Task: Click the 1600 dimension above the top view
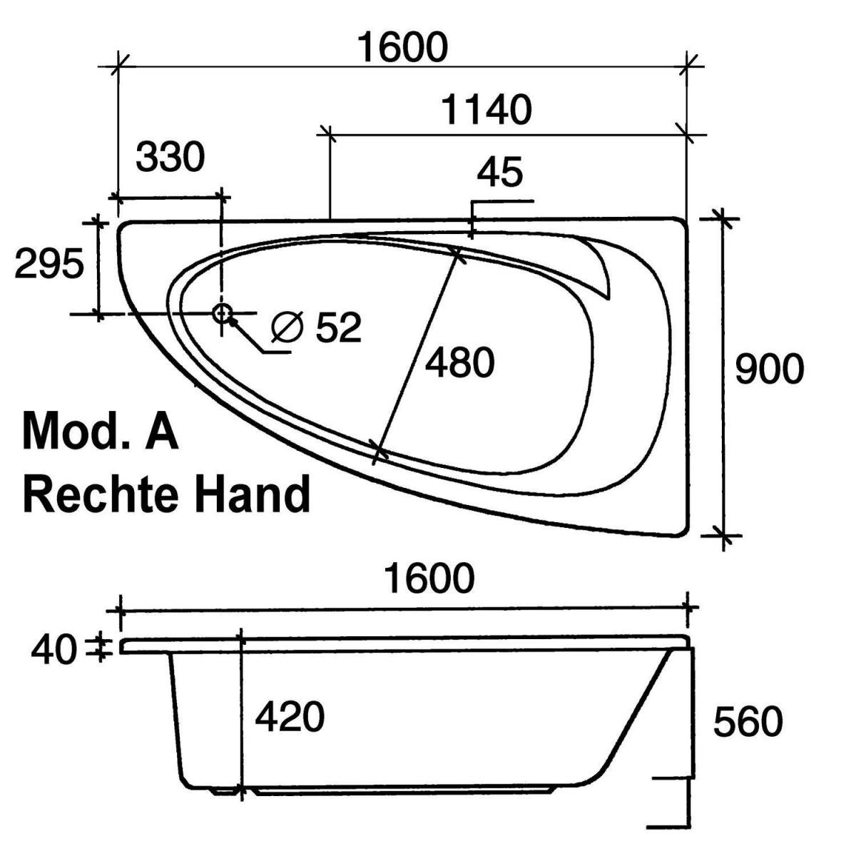[x=402, y=48]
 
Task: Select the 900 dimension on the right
[x=769, y=370]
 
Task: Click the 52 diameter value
[x=339, y=327]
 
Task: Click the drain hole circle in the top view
[x=222, y=312]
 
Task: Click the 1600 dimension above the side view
[x=429, y=578]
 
